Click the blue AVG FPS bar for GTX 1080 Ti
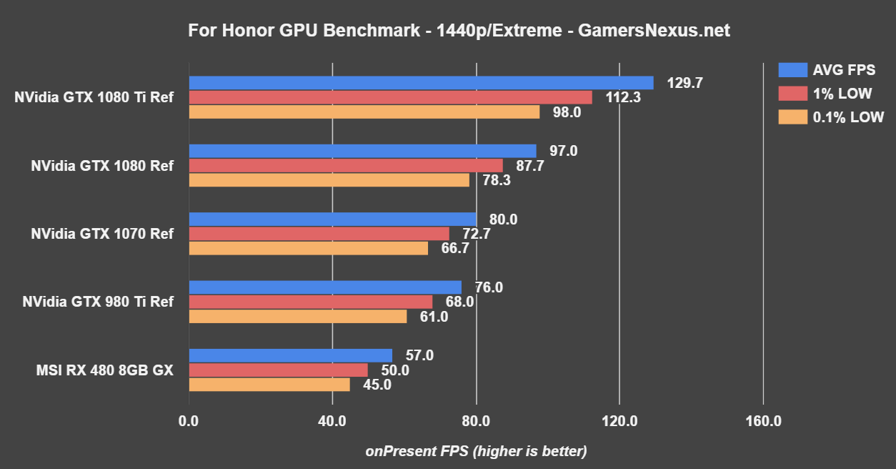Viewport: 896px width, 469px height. [421, 83]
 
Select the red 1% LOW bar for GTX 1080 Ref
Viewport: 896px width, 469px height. [346, 166]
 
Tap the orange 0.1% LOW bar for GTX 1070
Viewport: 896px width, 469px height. [309, 248]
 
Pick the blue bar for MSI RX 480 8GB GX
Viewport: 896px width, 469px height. [291, 355]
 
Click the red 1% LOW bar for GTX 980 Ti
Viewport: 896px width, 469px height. [311, 302]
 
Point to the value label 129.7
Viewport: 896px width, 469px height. [685, 83]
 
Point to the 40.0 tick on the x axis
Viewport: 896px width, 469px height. [332, 421]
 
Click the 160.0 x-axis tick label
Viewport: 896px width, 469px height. [763, 421]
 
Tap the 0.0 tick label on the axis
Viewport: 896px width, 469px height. [189, 421]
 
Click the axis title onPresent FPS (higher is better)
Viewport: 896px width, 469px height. [476, 451]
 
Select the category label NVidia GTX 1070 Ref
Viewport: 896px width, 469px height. [101, 234]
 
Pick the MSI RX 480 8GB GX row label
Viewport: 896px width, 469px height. [104, 370]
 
